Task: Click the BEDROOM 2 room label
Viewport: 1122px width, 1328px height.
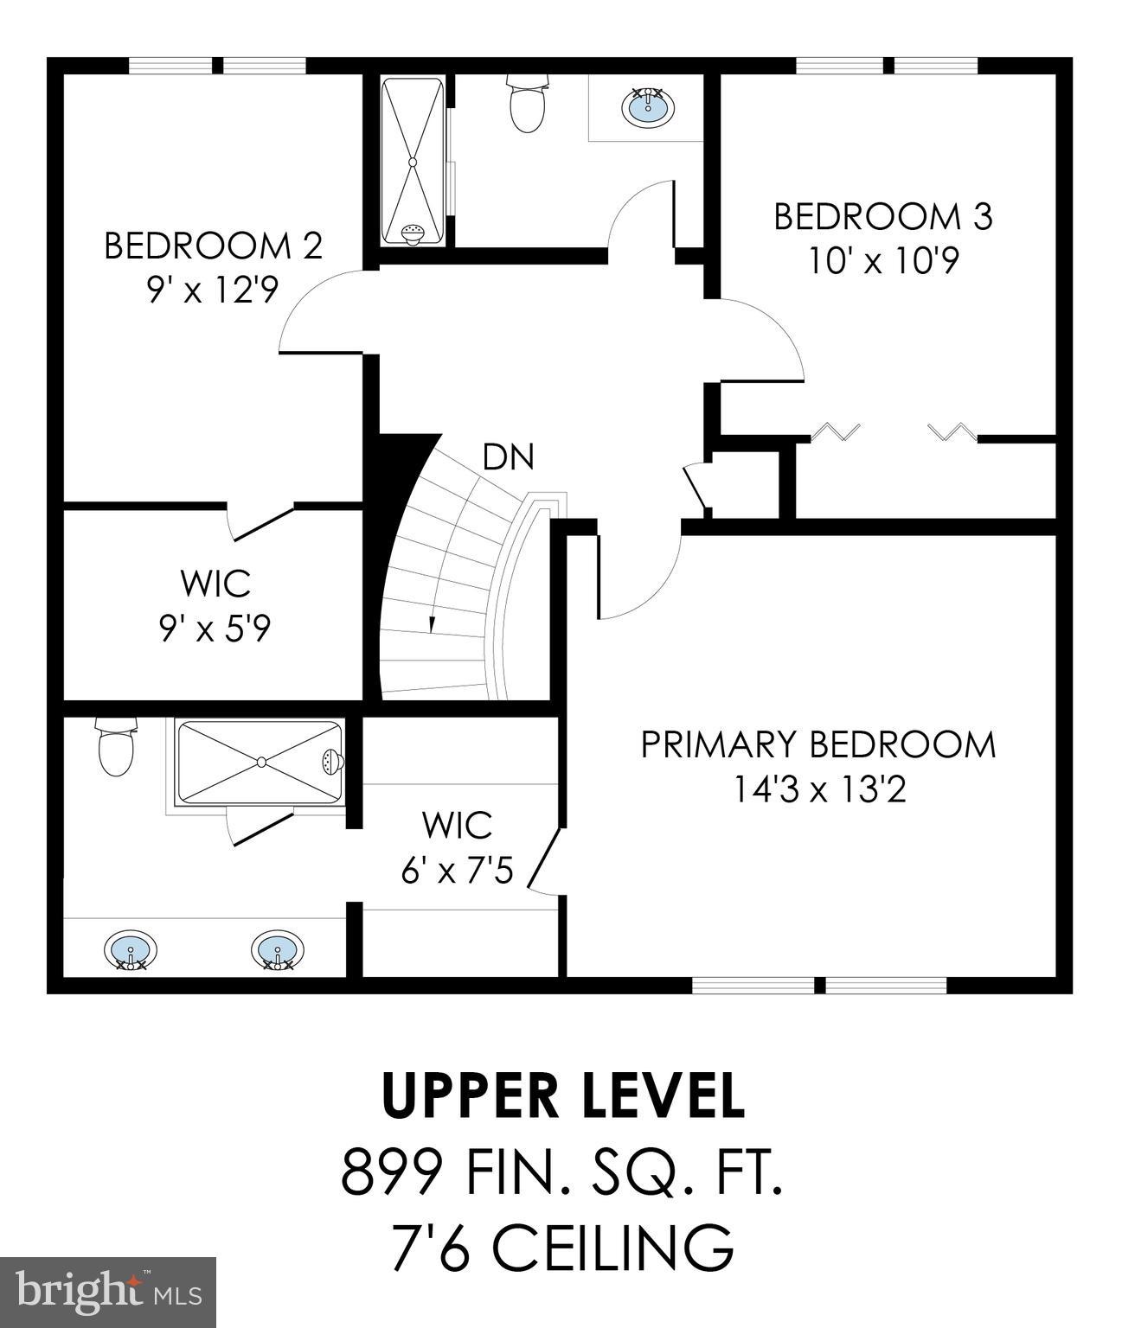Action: (x=213, y=246)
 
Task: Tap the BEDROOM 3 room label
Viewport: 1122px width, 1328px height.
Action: (x=882, y=216)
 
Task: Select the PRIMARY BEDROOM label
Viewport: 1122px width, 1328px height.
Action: (x=817, y=744)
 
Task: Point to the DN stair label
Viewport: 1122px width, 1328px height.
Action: (x=509, y=456)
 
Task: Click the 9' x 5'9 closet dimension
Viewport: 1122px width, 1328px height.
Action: (x=215, y=629)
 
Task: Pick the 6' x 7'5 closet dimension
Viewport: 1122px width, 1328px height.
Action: (x=457, y=871)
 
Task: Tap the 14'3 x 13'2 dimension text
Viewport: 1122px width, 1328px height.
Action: (x=819, y=788)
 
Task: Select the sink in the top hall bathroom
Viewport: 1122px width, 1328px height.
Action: (x=647, y=107)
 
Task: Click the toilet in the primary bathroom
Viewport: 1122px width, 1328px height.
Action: (x=116, y=749)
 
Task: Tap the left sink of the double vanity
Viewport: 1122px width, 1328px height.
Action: (x=131, y=949)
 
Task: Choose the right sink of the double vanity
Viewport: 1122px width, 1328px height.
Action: (x=277, y=949)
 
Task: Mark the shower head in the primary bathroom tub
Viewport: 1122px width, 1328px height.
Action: (x=331, y=762)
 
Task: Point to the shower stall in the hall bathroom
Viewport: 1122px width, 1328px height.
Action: (x=414, y=162)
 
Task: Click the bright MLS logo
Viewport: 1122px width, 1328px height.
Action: (x=108, y=1291)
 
